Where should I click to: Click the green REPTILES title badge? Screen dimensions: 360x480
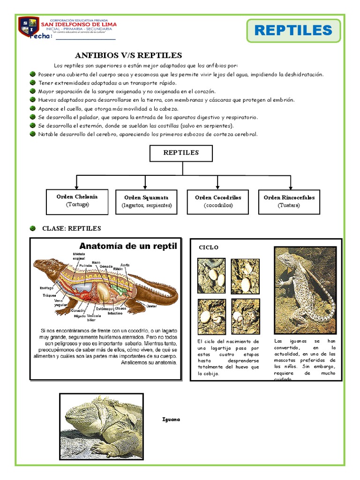click(x=293, y=31)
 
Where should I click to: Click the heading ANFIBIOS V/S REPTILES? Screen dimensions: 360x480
click(x=128, y=55)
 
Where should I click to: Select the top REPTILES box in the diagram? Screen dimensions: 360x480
click(x=181, y=153)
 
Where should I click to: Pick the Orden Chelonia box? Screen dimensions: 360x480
click(x=77, y=201)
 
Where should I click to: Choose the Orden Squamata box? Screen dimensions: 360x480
click(x=146, y=202)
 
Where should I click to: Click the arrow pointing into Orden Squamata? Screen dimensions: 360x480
click(x=147, y=185)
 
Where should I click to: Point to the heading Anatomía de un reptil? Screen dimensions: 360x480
click(x=128, y=246)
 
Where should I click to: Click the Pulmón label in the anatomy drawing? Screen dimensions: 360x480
click(x=85, y=265)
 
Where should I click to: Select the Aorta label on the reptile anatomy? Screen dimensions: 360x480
click(x=125, y=265)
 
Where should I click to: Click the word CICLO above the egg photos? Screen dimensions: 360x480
click(x=209, y=247)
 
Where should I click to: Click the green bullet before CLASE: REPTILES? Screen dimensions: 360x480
click(x=32, y=228)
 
